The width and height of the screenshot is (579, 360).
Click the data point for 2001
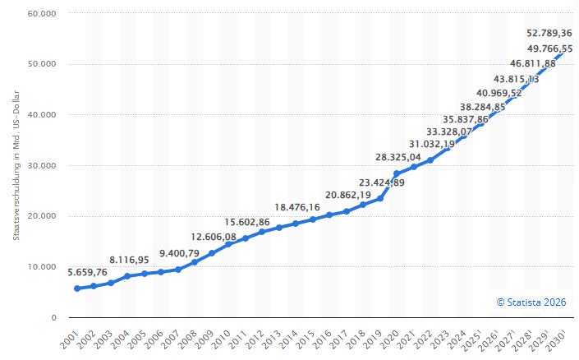77,288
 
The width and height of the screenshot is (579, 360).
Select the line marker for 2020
396,173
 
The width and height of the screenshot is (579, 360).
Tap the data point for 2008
195,262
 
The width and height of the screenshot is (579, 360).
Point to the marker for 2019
379,198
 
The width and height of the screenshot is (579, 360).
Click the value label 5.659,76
79,272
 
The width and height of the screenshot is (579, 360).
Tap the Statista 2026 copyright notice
532,302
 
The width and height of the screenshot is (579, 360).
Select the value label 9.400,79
178,253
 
